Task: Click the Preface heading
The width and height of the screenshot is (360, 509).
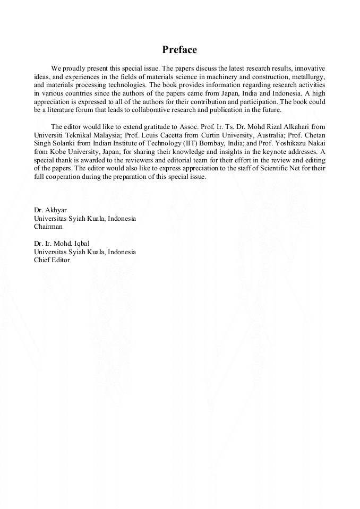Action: pos(179,50)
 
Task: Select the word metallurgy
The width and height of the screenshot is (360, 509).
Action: pos(307,77)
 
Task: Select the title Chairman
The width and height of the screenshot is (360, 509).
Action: pos(48,226)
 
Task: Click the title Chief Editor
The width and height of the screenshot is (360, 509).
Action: pos(52,260)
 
